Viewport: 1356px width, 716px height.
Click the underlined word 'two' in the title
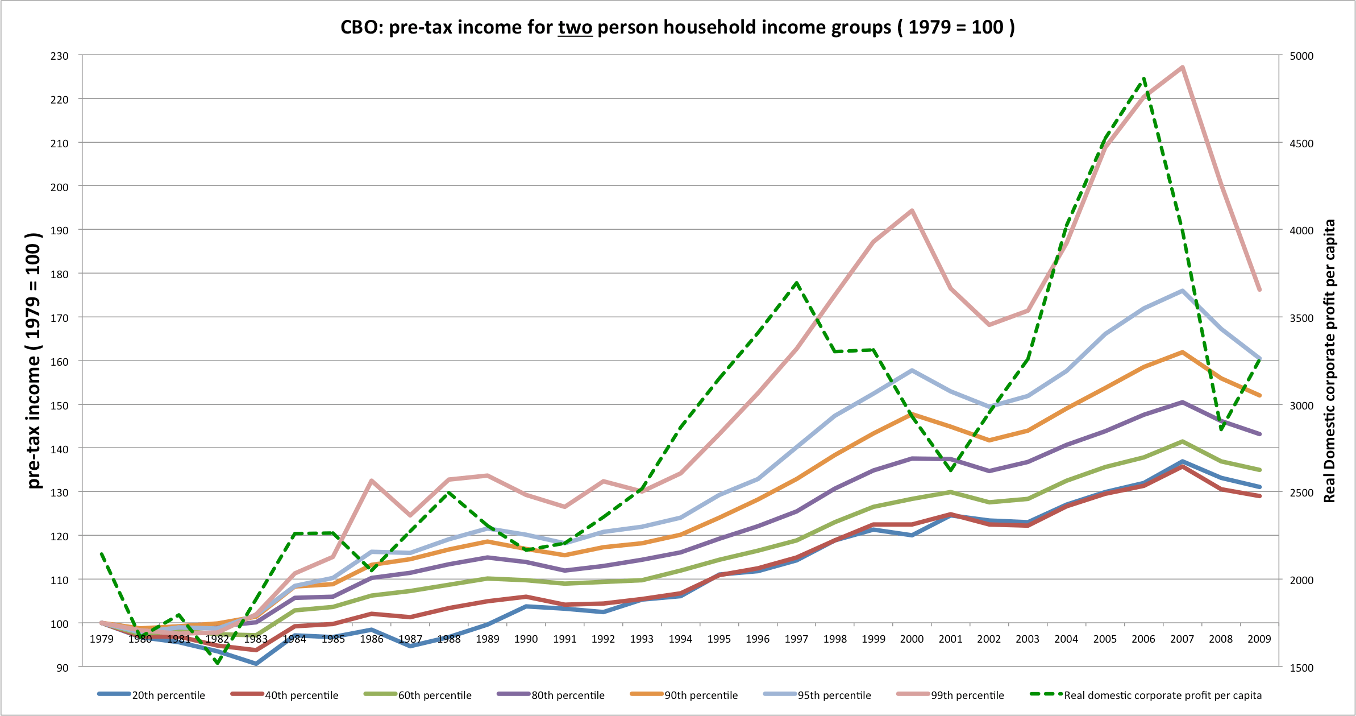[575, 27]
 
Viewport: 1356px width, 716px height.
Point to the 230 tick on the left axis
[59, 56]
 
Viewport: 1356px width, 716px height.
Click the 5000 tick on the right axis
[1302, 56]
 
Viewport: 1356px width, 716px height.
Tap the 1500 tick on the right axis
[1302, 668]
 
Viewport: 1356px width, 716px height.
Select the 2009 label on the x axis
[1259, 639]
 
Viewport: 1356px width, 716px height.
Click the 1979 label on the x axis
[101, 639]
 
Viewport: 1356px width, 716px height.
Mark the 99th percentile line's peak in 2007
[1182, 68]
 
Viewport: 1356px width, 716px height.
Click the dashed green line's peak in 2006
[1144, 79]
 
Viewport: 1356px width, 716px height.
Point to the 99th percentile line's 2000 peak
[912, 211]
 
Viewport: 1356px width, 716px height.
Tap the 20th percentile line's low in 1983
[256, 664]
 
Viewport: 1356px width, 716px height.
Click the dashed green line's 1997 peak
[797, 283]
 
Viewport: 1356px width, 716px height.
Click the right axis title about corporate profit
[1329, 361]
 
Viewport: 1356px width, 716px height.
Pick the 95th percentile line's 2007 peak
[1182, 291]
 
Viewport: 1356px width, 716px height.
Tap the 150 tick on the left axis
[59, 405]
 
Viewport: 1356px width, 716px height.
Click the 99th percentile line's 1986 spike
[372, 481]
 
